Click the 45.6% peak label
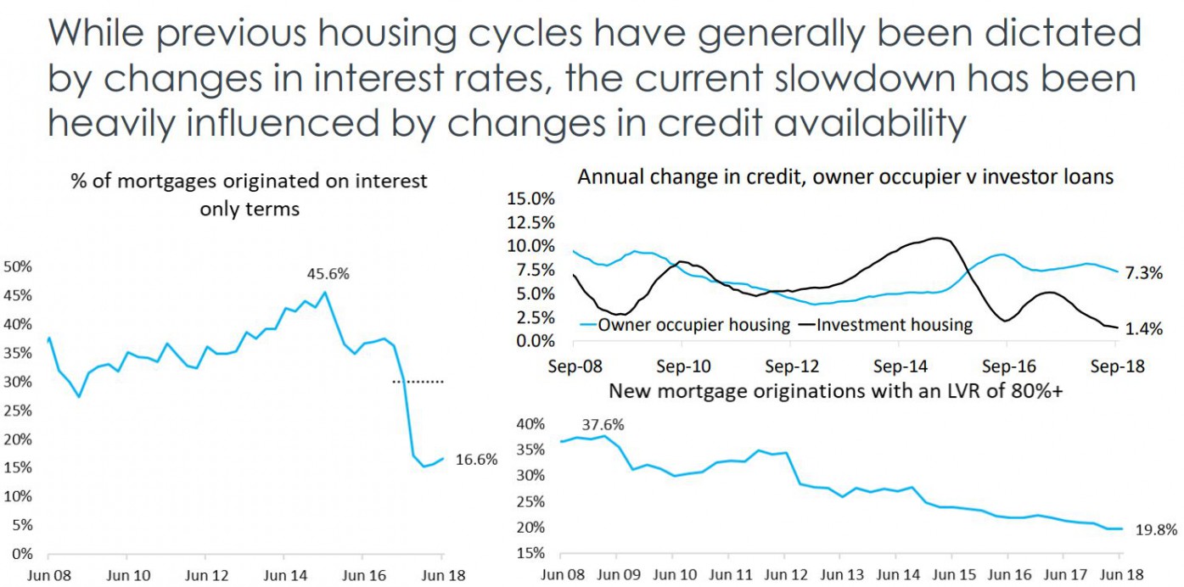point(328,274)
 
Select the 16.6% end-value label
point(476,460)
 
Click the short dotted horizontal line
point(418,382)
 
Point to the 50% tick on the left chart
point(18,266)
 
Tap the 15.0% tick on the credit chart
point(530,198)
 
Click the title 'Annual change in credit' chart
point(845,176)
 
